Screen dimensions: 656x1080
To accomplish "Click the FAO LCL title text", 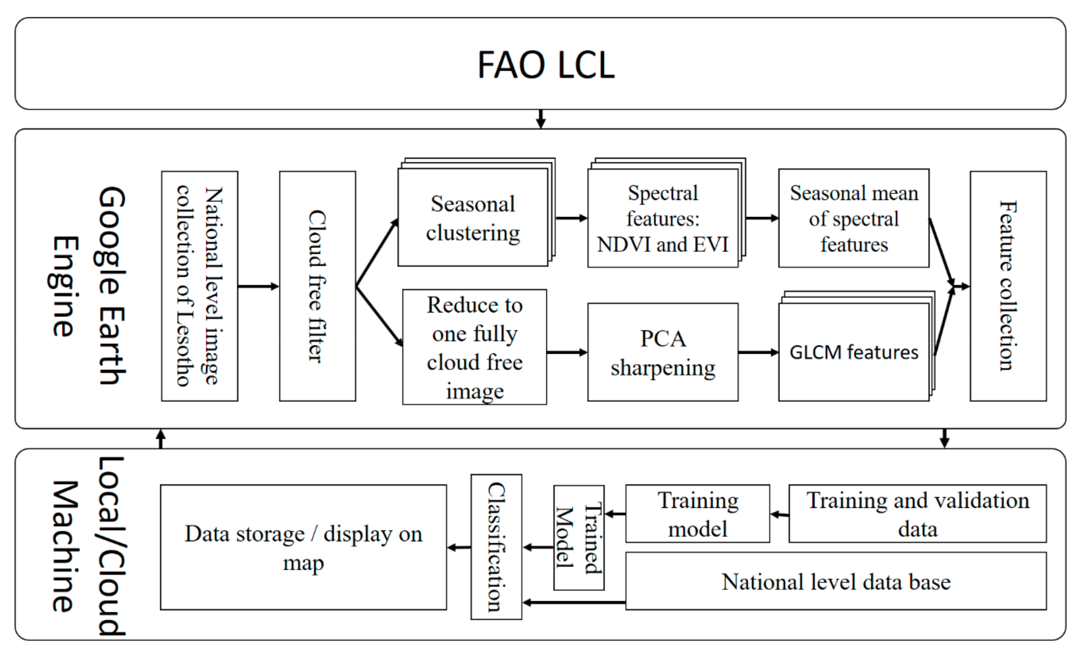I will click(546, 65).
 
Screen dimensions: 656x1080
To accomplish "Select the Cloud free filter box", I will click(317, 286).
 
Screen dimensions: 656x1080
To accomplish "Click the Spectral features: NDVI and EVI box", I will click(662, 218).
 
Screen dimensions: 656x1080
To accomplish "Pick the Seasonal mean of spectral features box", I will click(853, 218).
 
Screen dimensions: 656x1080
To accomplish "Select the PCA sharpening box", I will click(662, 352).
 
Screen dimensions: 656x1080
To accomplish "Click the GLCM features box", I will click(853, 352).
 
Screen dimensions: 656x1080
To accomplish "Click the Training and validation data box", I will click(917, 514).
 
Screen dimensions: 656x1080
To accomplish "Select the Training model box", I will click(697, 514).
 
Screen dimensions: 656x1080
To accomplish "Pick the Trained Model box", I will click(579, 538).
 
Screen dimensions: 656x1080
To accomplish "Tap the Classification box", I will click(496, 547).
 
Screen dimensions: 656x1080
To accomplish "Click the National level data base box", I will click(835, 581).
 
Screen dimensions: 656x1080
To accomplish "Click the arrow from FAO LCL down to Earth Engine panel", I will click(541, 119).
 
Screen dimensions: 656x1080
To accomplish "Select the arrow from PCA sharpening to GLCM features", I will click(758, 352).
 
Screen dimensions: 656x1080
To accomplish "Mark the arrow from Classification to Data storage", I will click(459, 547).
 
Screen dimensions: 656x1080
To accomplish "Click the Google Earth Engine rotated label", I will click(88, 286).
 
